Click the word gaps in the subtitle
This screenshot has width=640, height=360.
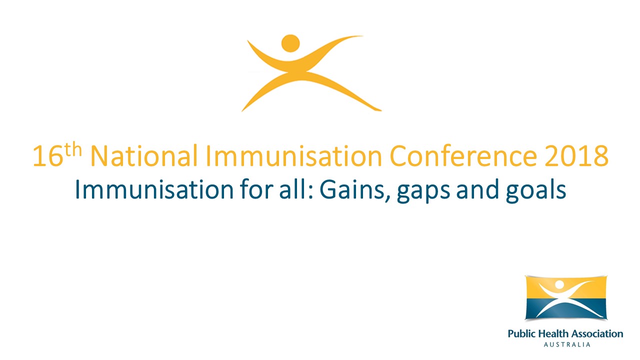coord(425,192)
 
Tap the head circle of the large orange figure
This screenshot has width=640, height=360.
coord(290,43)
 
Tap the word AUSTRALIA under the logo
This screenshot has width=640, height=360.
coord(566,344)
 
